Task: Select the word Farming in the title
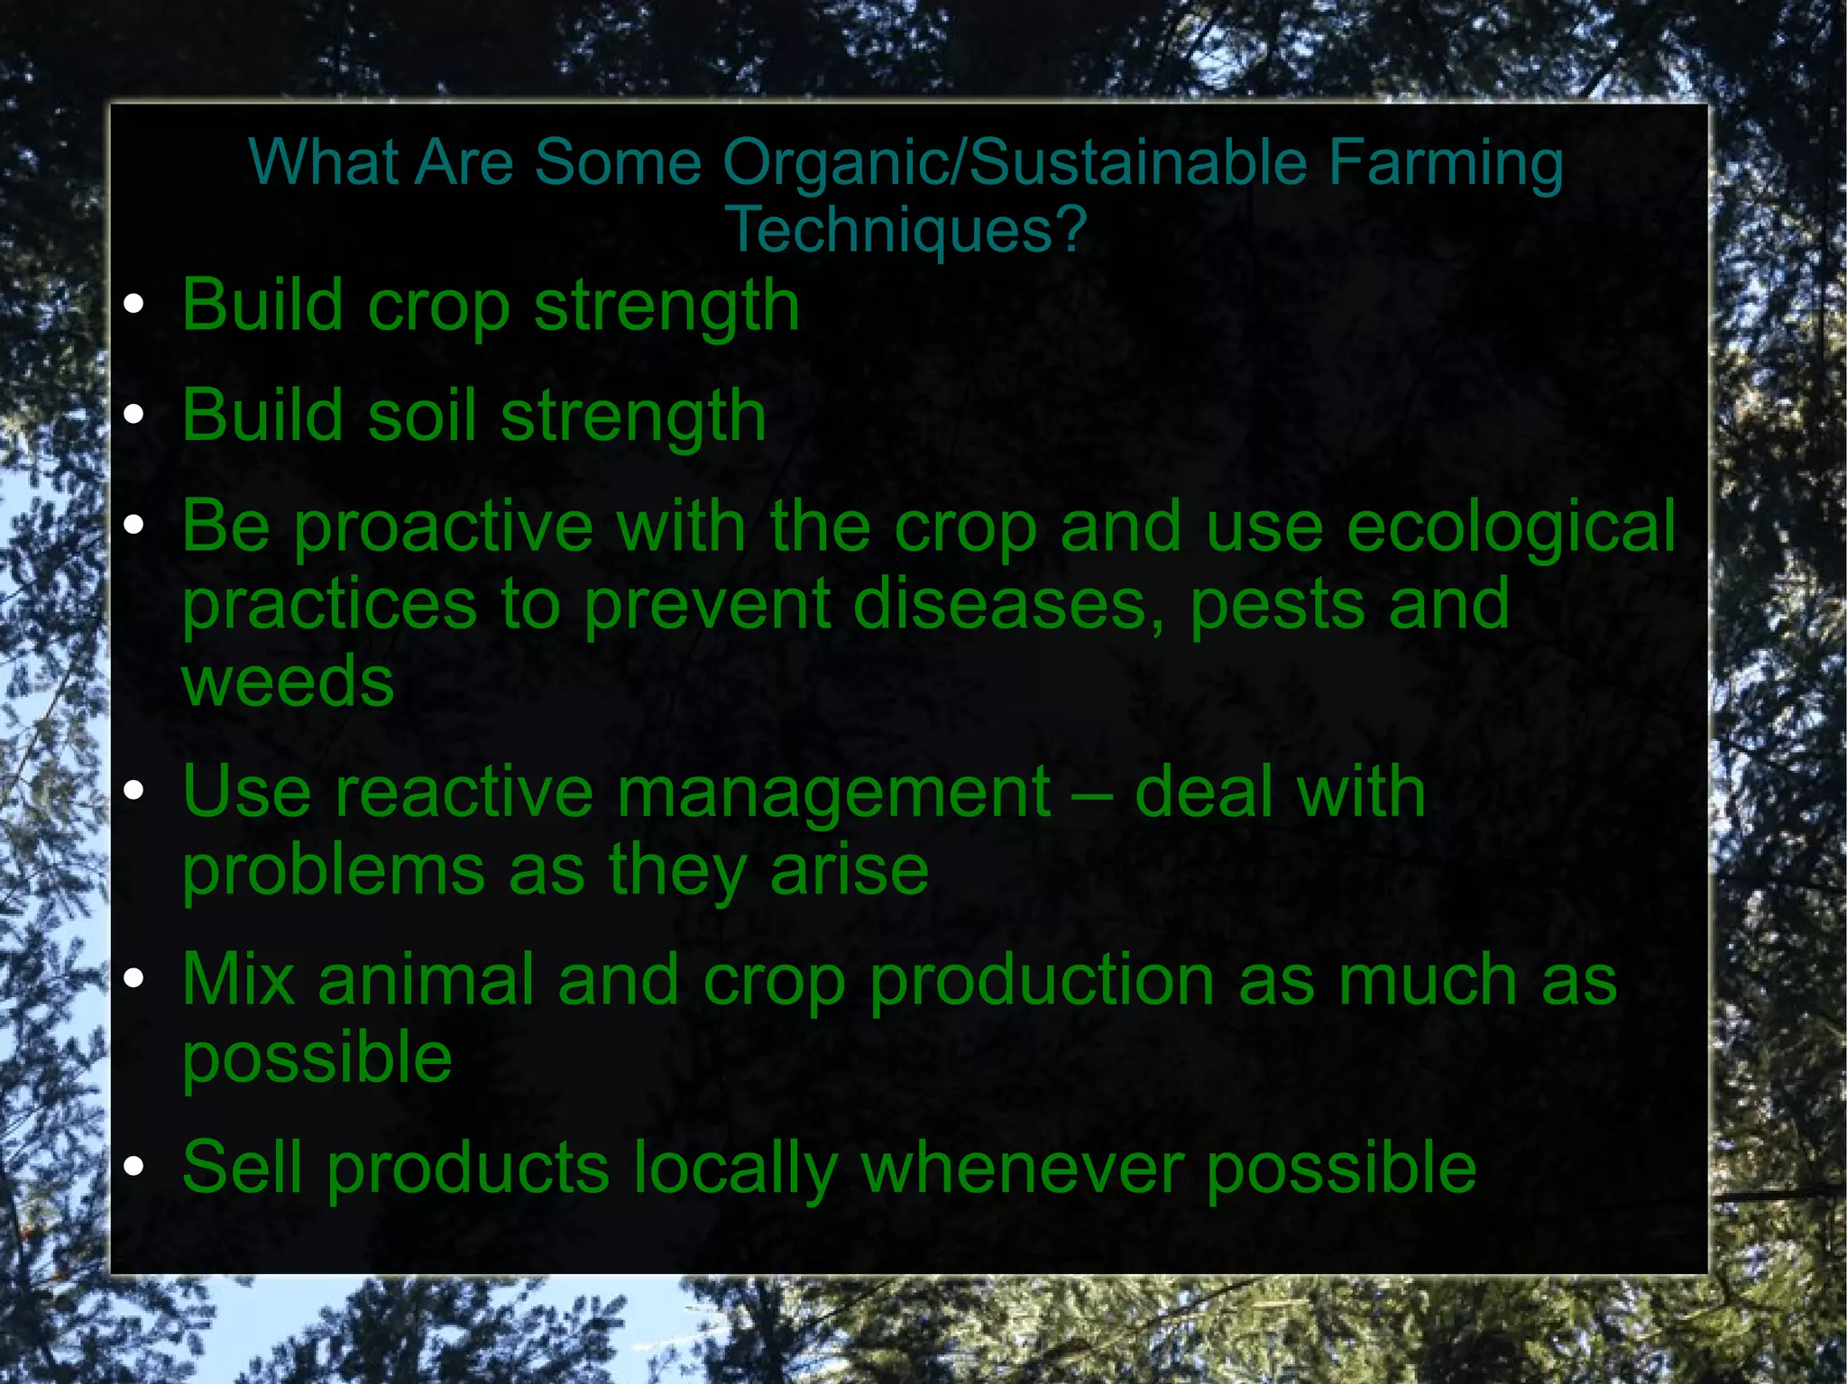(1445, 164)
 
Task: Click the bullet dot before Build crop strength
(133, 304)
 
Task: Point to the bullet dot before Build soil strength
(133, 415)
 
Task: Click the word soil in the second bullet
(421, 415)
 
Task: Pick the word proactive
(444, 527)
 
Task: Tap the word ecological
(1511, 527)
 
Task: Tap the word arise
(849, 870)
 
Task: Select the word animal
(426, 980)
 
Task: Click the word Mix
(238, 980)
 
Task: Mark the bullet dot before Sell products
(133, 1167)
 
